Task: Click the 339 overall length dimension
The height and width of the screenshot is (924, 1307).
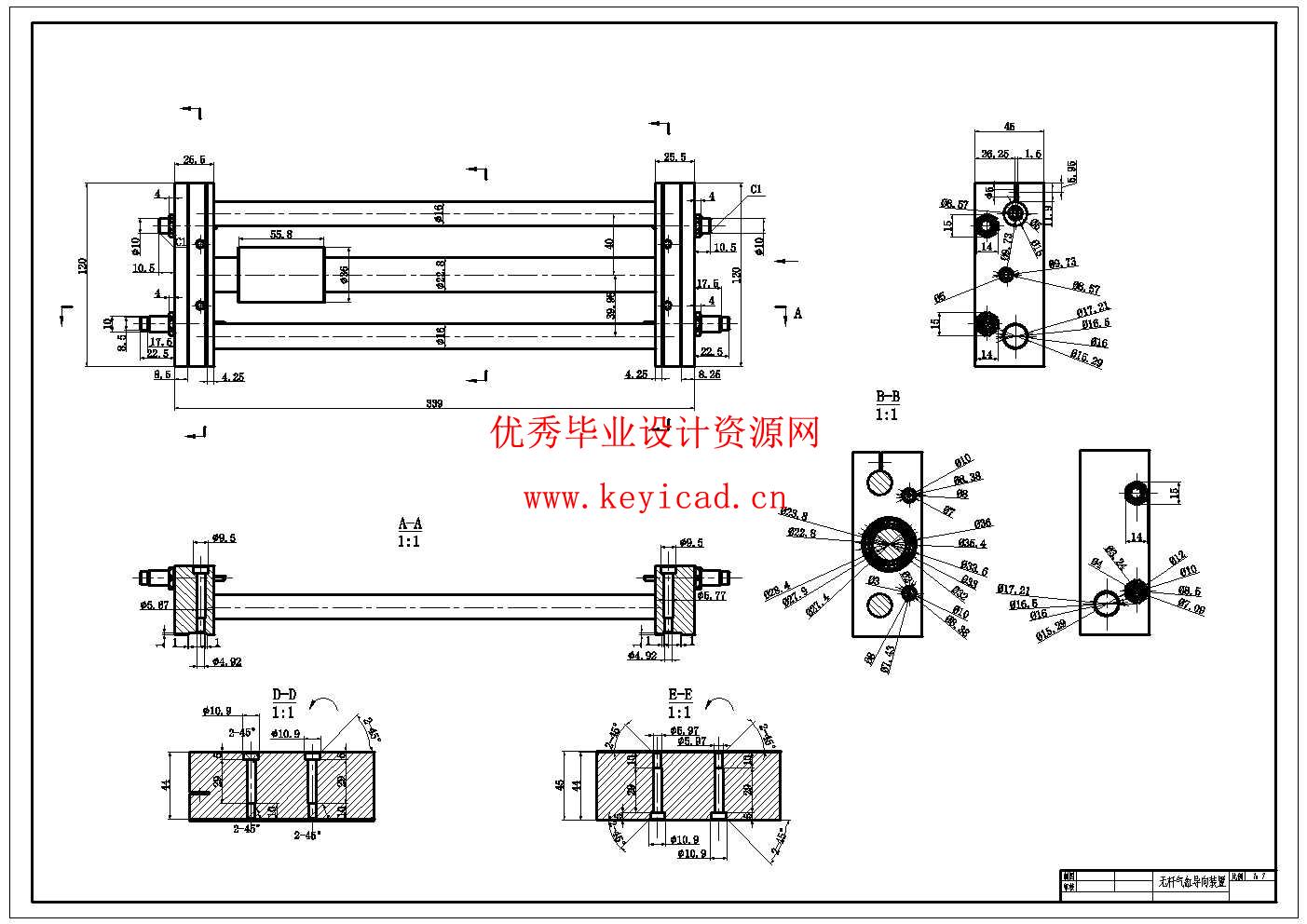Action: coord(434,403)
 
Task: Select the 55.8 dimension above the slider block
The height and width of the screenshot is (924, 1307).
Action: coord(281,236)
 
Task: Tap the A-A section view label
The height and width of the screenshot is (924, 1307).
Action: coord(410,524)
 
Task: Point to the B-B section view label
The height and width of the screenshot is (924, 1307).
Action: coord(887,398)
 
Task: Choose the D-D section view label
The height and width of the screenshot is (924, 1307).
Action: coord(284,695)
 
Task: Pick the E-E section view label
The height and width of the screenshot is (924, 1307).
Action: coord(681,695)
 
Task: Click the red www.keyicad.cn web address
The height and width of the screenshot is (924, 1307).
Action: coord(655,499)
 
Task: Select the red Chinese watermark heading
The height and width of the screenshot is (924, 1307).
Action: coord(655,433)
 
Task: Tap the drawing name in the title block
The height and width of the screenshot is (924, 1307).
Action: coord(1191,881)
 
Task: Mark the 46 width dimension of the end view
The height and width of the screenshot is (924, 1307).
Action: coord(1009,126)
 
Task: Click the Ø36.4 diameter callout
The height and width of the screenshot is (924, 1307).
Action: coord(972,544)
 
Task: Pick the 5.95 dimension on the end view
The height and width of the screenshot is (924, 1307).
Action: coord(1071,170)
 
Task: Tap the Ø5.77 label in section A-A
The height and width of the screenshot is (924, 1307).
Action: coord(713,595)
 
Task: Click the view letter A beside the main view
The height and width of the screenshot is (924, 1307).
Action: coord(797,314)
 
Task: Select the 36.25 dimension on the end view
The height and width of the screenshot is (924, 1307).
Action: coord(996,154)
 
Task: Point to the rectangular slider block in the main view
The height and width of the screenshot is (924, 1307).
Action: coord(281,275)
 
